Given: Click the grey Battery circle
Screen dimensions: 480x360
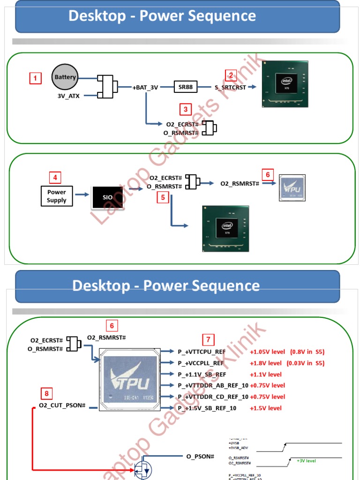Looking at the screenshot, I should pyautogui.click(x=65, y=77).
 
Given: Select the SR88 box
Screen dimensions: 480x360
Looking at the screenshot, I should pyautogui.click(x=186, y=87).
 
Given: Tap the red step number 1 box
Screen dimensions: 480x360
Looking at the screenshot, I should pyautogui.click(x=35, y=78).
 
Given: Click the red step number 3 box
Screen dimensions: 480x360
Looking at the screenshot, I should pyautogui.click(x=186, y=110).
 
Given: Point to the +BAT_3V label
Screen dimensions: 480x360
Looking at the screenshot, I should pyautogui.click(x=145, y=87).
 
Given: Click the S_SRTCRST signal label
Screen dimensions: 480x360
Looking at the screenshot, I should pyautogui.click(x=230, y=87).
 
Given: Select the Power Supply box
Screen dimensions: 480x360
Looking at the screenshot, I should pyautogui.click(x=57, y=196).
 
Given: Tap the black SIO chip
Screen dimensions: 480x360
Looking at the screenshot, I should pyautogui.click(x=108, y=197).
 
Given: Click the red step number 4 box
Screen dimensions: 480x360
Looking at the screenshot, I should pyautogui.click(x=55, y=178).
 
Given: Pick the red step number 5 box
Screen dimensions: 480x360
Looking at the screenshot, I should pyautogui.click(x=163, y=197).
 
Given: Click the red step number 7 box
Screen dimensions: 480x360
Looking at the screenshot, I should pyautogui.click(x=209, y=339).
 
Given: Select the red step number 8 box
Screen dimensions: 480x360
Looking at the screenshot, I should pyautogui.click(x=46, y=393).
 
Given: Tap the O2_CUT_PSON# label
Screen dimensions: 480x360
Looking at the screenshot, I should pyautogui.click(x=62, y=405).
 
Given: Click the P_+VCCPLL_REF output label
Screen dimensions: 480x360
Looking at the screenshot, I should pyautogui.click(x=201, y=363).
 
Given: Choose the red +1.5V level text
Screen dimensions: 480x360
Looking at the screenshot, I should pyautogui.click(x=266, y=408).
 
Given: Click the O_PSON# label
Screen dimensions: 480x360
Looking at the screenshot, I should pyautogui.click(x=200, y=457).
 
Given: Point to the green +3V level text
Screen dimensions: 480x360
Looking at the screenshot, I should pyautogui.click(x=306, y=461).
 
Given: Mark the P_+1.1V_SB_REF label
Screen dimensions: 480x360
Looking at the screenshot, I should pyautogui.click(x=202, y=375).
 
